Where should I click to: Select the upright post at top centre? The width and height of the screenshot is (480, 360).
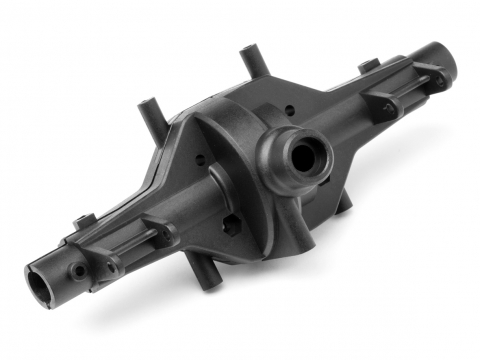point(247,62)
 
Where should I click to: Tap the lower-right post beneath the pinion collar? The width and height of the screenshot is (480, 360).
point(342,202)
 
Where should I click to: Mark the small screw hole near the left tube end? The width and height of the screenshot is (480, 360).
point(77,270)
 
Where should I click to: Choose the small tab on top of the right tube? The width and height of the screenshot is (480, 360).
point(370,65)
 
